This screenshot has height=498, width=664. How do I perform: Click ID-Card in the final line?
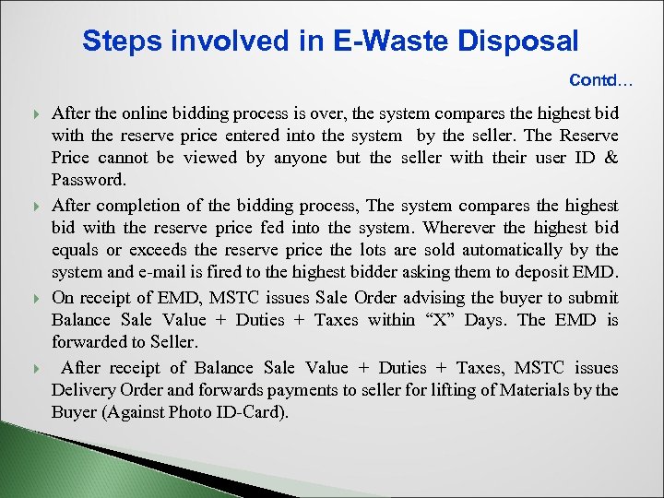[250, 412]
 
